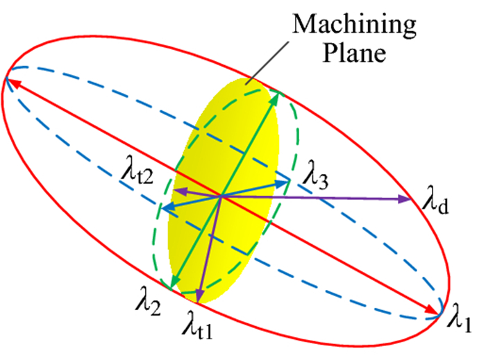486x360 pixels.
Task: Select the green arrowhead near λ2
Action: [x=169, y=282]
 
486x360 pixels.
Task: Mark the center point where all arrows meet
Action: [x=221, y=196]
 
